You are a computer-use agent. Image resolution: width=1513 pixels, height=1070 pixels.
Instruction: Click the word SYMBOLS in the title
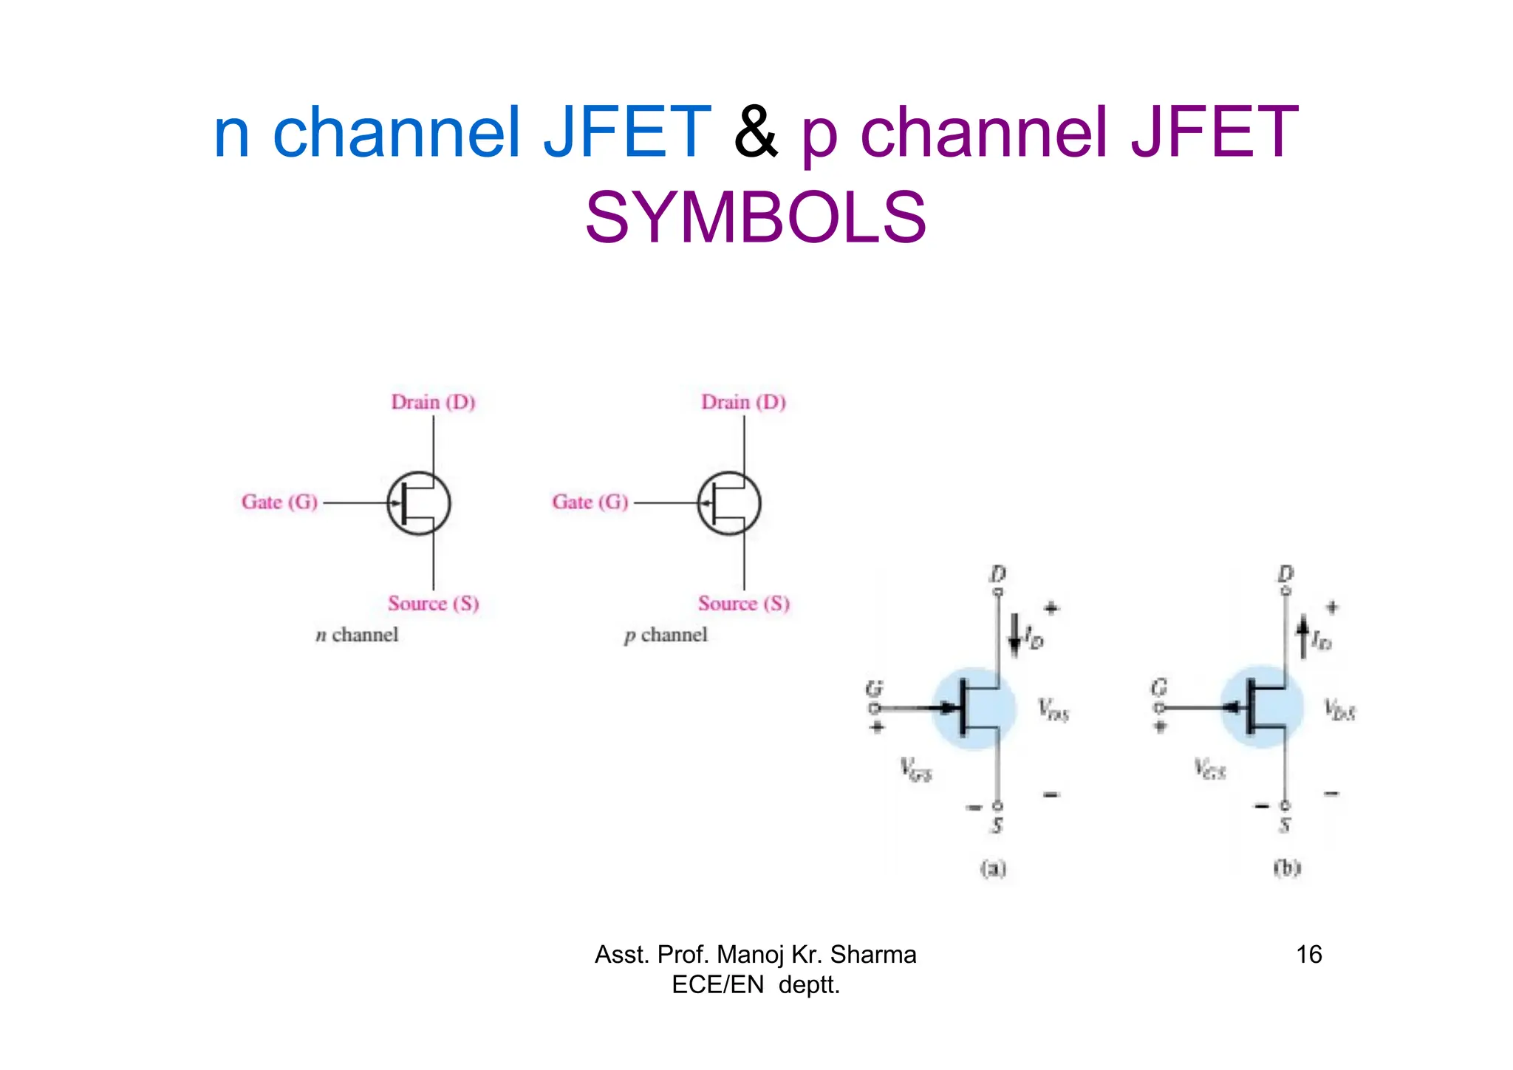[755, 218]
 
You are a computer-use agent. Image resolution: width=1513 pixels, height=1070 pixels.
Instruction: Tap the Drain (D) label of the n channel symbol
[433, 403]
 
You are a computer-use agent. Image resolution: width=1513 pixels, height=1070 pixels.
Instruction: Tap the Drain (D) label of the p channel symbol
[743, 403]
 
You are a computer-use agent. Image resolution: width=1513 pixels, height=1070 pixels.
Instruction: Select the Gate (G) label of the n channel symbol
[279, 502]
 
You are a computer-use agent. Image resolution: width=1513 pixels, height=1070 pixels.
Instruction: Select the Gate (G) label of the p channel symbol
[590, 502]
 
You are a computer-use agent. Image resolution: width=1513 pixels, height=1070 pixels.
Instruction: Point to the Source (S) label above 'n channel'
[434, 604]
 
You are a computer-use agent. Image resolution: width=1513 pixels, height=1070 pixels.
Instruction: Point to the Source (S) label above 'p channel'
[744, 604]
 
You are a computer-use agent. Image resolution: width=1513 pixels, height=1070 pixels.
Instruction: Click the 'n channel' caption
[357, 635]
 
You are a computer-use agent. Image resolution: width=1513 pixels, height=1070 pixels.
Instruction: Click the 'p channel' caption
[666, 635]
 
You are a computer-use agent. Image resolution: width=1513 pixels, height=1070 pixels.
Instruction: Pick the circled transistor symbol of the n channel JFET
[419, 503]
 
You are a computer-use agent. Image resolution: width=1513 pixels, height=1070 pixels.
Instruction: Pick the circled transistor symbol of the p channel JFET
[729, 503]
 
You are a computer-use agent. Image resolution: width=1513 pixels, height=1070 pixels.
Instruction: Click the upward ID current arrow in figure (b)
[1303, 637]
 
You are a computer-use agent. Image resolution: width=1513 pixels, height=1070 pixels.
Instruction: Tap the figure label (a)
[994, 868]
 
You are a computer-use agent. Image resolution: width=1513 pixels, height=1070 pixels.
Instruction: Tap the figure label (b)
[1286, 868]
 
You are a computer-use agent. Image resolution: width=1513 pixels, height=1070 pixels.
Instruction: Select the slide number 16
[1308, 955]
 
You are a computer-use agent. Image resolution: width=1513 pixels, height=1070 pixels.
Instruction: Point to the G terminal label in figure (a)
[874, 689]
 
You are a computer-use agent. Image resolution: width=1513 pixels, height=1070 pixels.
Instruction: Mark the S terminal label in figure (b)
[1285, 826]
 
